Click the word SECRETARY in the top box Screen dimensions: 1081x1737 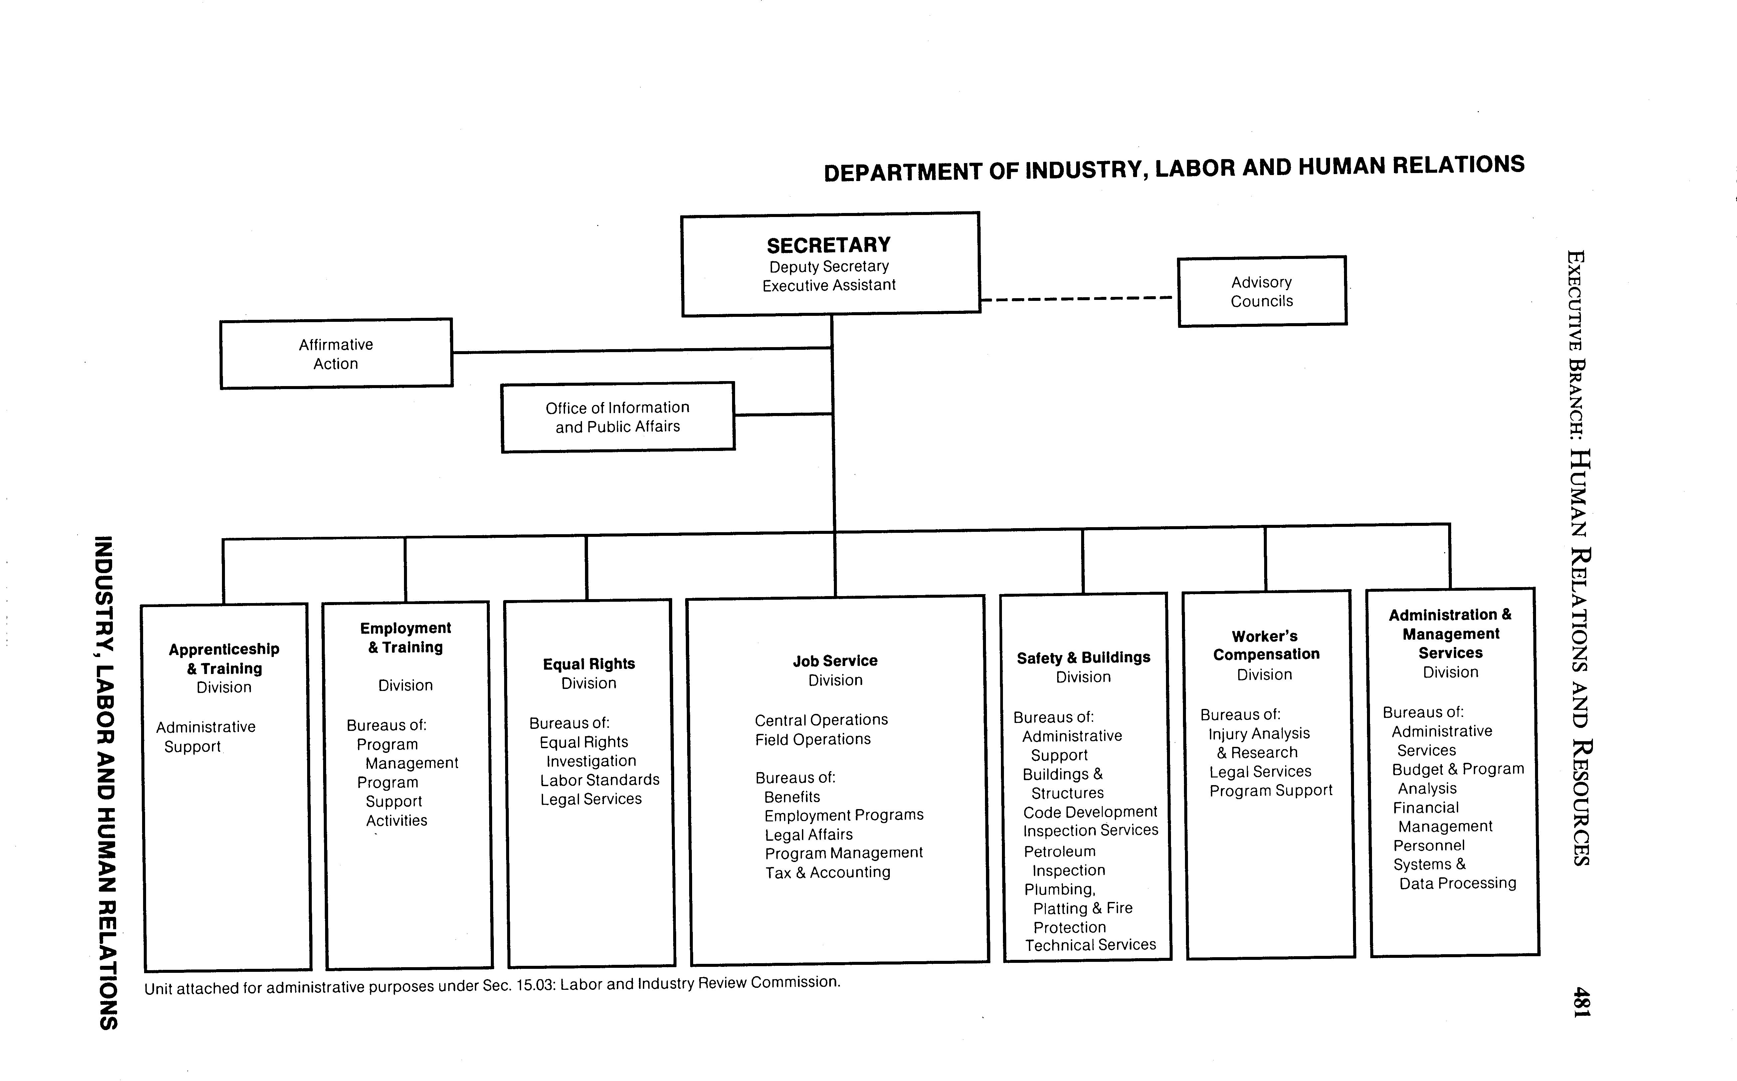click(x=829, y=245)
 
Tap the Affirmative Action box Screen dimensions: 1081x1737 click(x=336, y=354)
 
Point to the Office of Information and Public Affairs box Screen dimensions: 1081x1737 click(x=618, y=417)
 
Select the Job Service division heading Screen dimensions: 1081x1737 click(x=835, y=661)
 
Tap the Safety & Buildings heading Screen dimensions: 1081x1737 click(x=1084, y=658)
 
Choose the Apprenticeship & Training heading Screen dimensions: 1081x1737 click(x=224, y=658)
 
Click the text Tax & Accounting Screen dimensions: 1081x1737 click(x=828, y=872)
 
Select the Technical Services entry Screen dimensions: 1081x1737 click(x=1090, y=945)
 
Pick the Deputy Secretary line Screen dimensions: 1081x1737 click(x=829, y=267)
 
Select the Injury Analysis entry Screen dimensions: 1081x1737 click(x=1259, y=734)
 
